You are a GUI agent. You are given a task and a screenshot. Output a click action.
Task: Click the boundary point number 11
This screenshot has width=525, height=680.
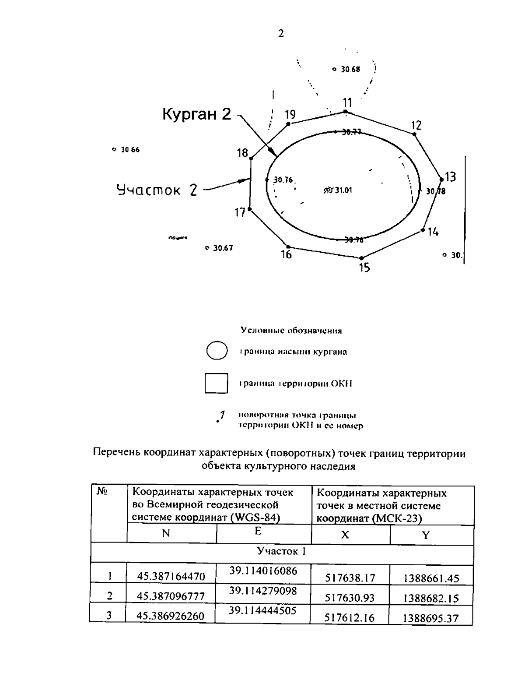347,103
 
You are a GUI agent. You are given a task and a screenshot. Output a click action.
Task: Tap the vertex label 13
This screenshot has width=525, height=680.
450,177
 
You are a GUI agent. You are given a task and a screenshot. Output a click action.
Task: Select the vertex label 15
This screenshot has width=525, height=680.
364,267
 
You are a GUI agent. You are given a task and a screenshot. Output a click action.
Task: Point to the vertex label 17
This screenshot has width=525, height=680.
240,213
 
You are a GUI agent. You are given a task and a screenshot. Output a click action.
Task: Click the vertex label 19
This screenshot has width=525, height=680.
290,115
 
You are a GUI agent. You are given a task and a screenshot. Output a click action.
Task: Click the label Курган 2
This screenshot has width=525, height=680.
196,115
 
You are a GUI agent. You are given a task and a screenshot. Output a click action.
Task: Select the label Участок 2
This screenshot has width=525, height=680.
157,190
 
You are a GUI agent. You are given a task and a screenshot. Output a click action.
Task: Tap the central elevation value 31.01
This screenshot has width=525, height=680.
343,190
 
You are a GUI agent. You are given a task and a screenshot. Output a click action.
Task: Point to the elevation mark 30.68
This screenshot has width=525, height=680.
350,69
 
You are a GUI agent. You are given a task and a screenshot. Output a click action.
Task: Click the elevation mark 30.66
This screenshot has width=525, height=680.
130,150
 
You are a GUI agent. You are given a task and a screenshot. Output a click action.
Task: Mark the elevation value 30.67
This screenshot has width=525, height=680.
223,248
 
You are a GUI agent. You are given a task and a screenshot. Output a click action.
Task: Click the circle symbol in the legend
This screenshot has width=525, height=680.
217,351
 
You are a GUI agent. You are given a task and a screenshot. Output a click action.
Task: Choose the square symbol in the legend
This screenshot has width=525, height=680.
216,383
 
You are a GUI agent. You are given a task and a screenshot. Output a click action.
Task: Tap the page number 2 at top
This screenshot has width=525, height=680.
281,34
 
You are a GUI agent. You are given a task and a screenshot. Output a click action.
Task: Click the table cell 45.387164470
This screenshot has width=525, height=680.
171,577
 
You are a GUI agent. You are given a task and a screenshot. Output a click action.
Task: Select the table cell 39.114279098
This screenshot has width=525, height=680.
263,591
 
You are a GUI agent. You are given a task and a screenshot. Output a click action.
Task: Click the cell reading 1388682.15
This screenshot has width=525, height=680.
431,598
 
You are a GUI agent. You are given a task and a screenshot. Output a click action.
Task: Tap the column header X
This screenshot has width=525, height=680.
345,535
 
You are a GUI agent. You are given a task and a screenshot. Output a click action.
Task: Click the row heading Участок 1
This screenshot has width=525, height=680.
281,551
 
